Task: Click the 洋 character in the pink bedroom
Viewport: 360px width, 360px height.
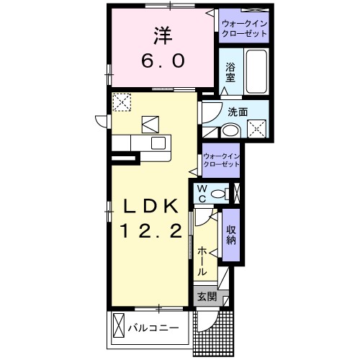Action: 163,36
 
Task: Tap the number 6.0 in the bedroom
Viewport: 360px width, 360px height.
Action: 163,60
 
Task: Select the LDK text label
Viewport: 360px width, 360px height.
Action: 150,206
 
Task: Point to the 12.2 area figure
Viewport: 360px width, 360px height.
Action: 152,230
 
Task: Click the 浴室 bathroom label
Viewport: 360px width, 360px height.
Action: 230,73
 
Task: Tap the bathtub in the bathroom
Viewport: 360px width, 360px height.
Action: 256,71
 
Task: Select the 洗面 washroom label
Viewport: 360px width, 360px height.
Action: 238,112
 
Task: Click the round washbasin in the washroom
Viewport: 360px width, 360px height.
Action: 230,131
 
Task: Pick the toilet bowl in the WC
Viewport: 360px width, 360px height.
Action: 219,194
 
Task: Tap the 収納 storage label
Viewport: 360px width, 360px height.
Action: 231,235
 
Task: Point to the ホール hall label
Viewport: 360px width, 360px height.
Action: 202,261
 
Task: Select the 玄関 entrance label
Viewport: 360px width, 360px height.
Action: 207,297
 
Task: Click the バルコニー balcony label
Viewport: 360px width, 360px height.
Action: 153,328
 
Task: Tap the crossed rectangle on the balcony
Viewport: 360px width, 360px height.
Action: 119,325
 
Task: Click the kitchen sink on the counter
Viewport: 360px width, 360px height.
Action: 158,143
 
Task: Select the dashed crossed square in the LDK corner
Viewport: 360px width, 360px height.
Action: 122,102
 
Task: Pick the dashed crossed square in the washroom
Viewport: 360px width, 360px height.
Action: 257,129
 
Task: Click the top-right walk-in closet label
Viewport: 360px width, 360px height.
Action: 244,29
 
